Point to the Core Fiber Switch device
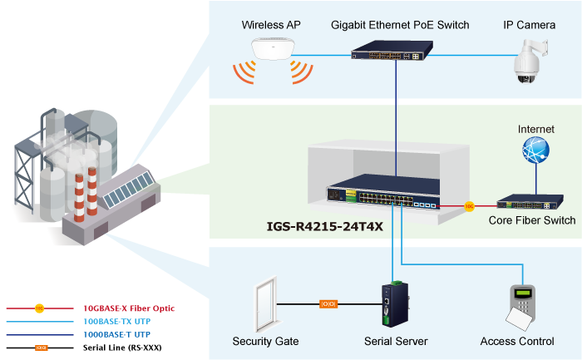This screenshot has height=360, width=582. (529, 204)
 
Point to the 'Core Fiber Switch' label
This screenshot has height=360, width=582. (532, 220)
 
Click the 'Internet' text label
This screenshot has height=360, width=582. (535, 130)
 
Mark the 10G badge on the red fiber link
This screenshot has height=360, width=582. (469, 205)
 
